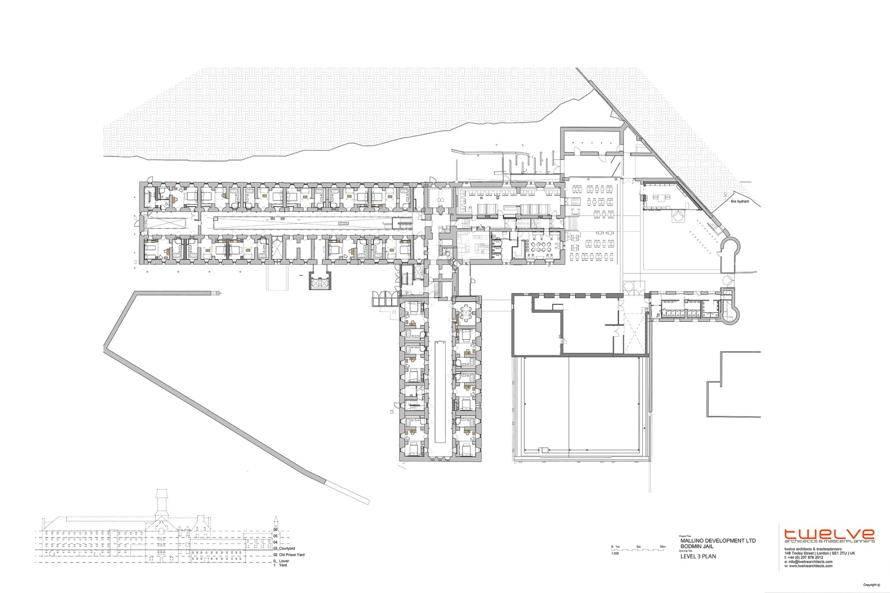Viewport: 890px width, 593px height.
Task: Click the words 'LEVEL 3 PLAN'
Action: (698, 556)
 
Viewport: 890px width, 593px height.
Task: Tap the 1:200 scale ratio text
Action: (615, 553)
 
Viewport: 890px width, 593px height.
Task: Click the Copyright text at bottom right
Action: (871, 585)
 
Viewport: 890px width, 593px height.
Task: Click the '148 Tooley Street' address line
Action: (816, 553)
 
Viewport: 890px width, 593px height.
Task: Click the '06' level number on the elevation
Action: (275, 530)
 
